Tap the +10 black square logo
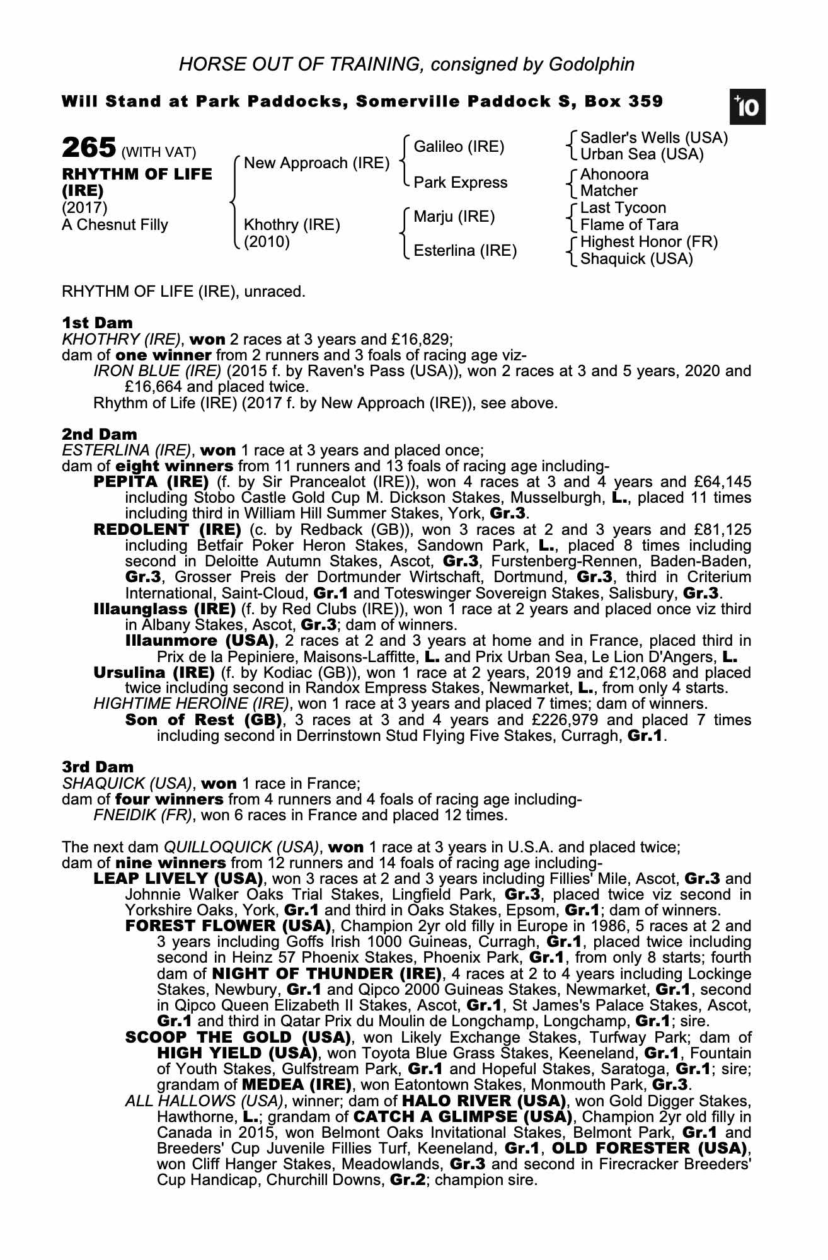[747, 107]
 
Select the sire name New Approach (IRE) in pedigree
[316, 163]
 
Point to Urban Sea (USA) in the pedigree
[641, 154]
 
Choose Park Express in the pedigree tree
[460, 182]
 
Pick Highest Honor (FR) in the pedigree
[648, 242]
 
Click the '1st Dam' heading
[97, 323]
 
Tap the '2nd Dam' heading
[99, 434]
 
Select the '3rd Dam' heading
[98, 767]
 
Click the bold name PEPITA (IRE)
[151, 482]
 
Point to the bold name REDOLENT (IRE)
[167, 529]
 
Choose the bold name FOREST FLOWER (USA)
[228, 925]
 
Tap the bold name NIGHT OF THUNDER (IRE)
[326, 973]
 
